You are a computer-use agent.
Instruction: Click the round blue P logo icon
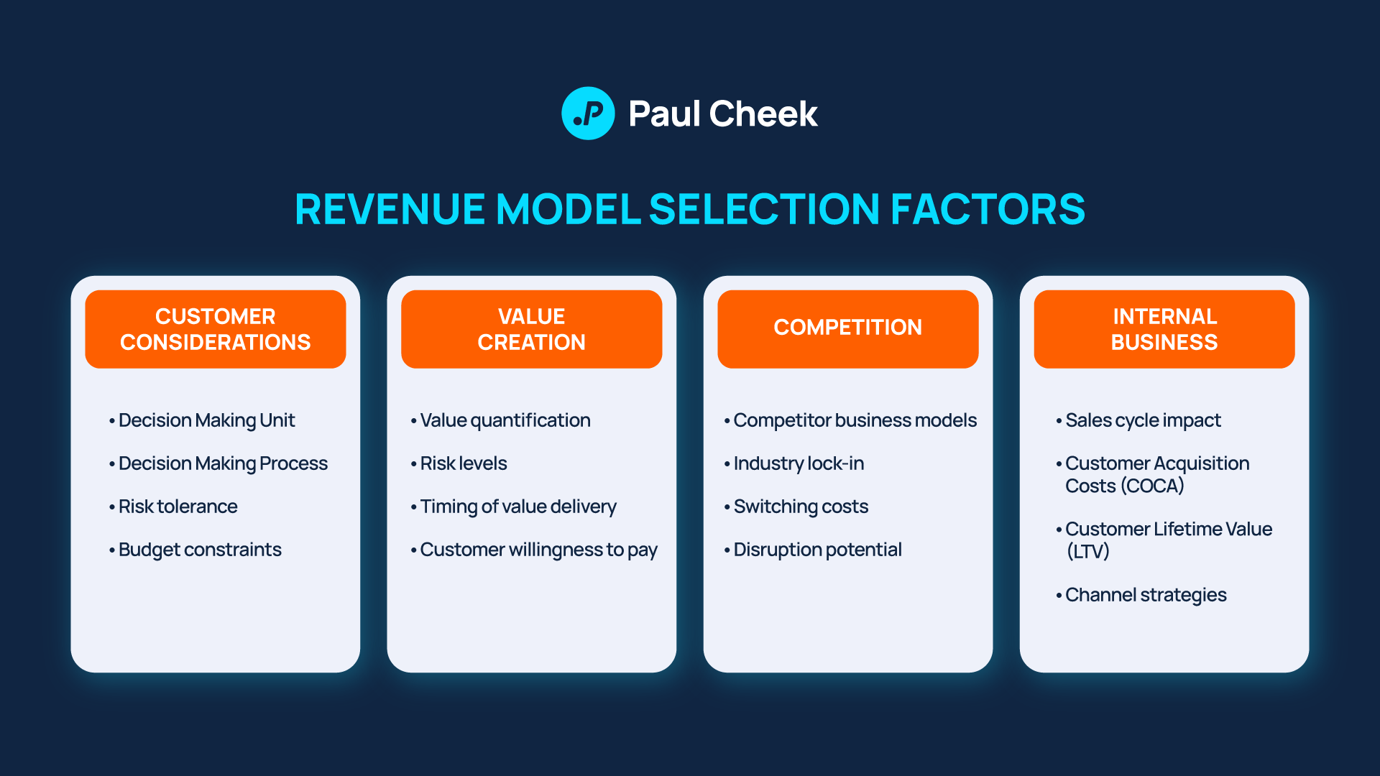(588, 114)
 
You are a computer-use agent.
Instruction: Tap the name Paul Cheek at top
(722, 114)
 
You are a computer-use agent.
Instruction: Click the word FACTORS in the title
(988, 209)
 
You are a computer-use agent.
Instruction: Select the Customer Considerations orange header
(216, 329)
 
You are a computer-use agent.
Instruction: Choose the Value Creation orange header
(532, 329)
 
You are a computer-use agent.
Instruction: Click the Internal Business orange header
(1164, 329)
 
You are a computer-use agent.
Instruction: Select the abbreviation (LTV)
(1088, 552)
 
